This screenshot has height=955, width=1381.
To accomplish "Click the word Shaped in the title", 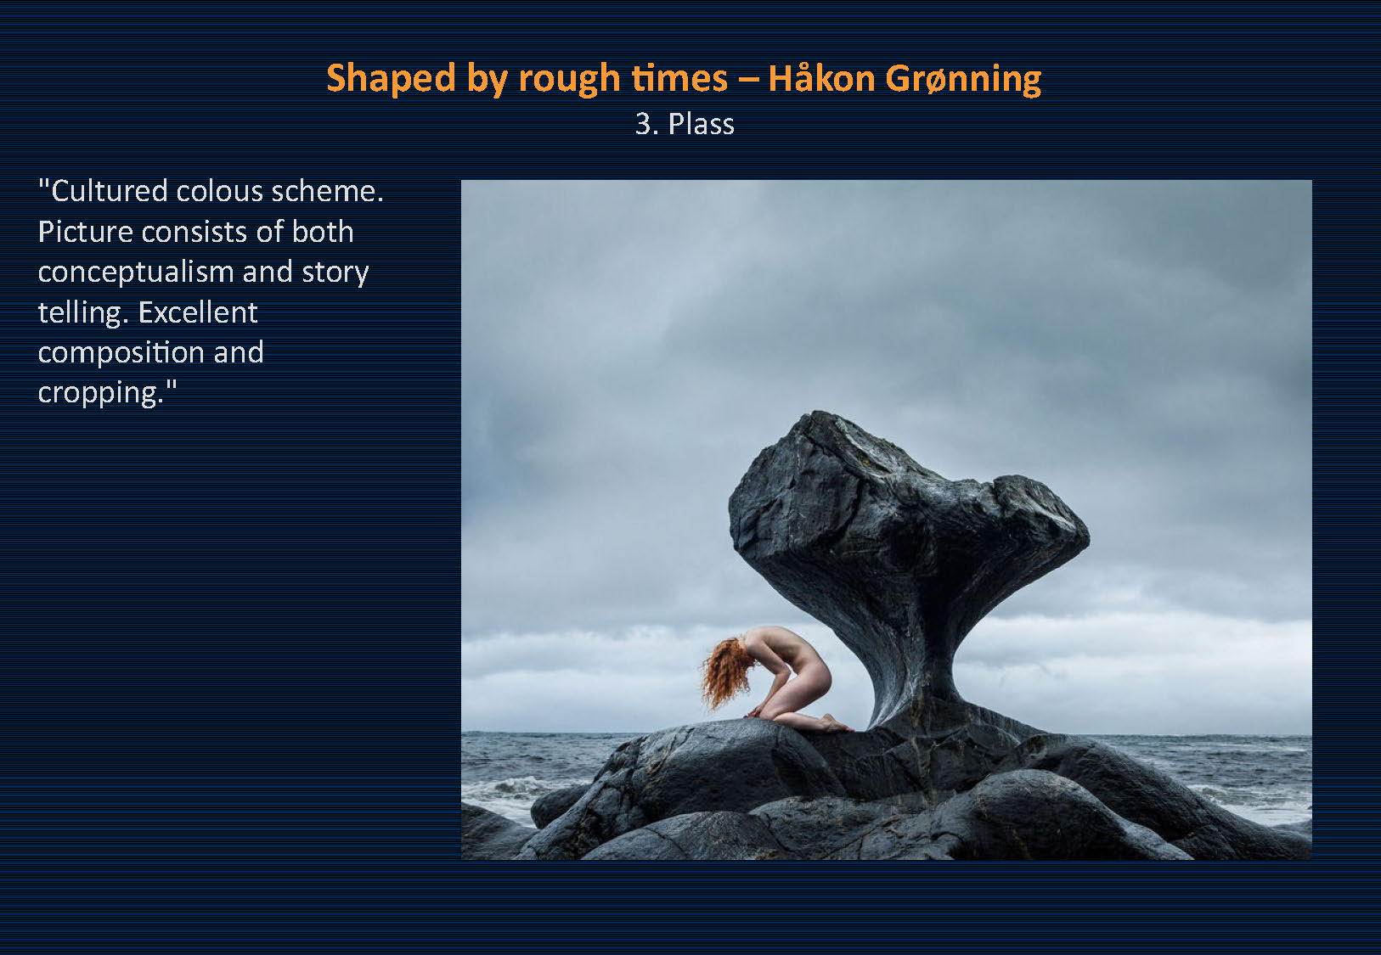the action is (x=390, y=79).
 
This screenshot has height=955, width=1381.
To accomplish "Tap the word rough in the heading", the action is (x=570, y=80).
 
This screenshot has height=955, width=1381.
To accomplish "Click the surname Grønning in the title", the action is (x=963, y=80).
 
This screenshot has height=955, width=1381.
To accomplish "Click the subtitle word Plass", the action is (x=701, y=124).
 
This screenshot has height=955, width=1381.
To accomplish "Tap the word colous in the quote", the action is (x=220, y=191).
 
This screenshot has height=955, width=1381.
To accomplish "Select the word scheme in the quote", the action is (x=327, y=191).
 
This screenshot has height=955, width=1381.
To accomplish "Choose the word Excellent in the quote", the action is (x=198, y=312).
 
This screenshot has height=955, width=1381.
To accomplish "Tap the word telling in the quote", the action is (x=82, y=313).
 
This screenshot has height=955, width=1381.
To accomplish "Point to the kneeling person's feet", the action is (x=836, y=722).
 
